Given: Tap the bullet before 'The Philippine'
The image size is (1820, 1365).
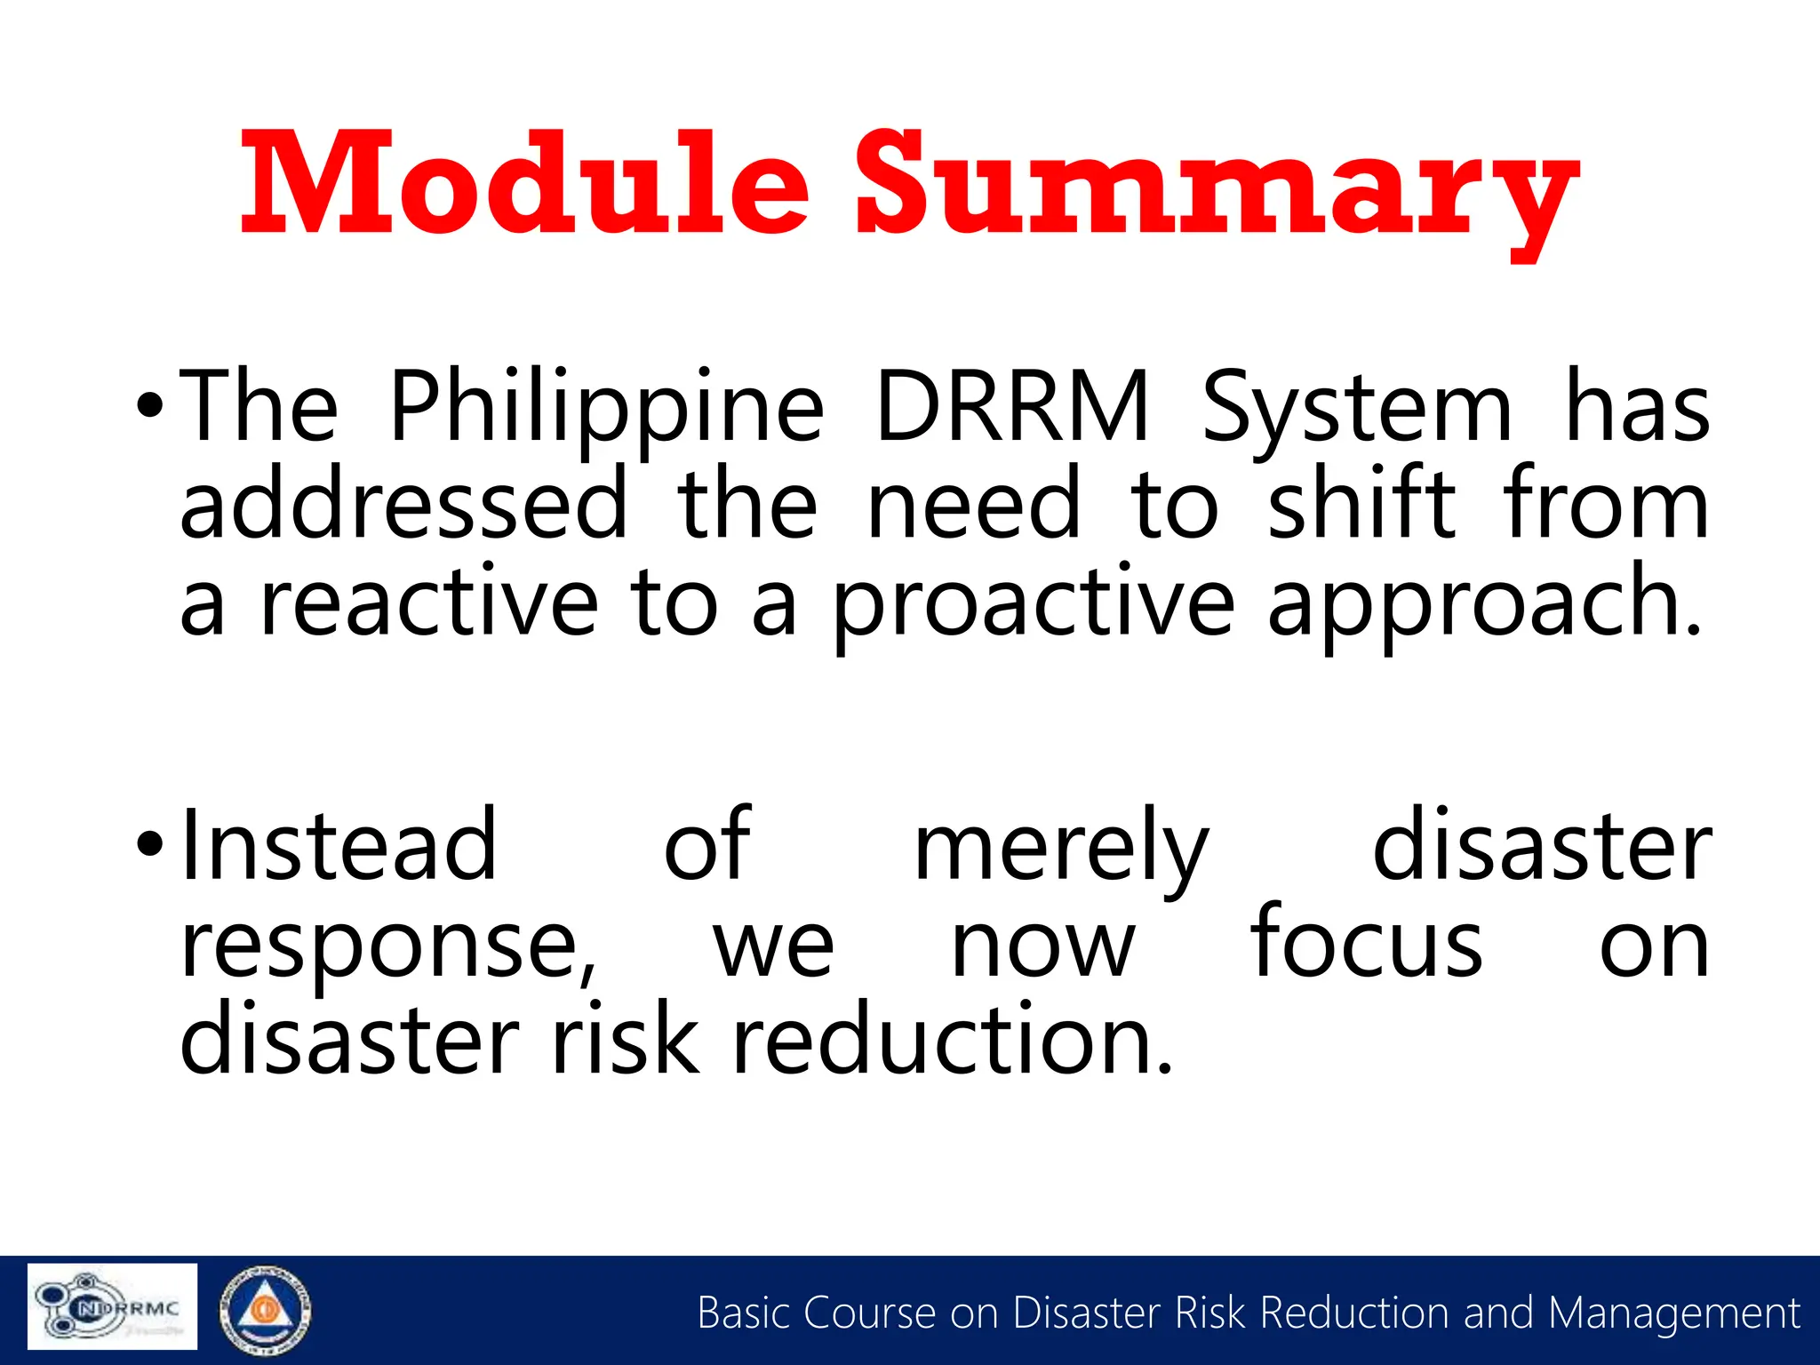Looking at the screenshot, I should (x=150, y=406).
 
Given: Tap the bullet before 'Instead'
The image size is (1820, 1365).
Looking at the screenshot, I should (x=150, y=842).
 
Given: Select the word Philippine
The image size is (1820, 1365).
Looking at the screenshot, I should (x=607, y=409).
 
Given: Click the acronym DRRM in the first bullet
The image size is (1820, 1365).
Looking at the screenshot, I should (x=1012, y=406).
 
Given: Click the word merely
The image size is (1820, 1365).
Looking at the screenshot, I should (x=1061, y=849).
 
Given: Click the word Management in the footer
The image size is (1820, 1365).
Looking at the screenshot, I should (x=1673, y=1313).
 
